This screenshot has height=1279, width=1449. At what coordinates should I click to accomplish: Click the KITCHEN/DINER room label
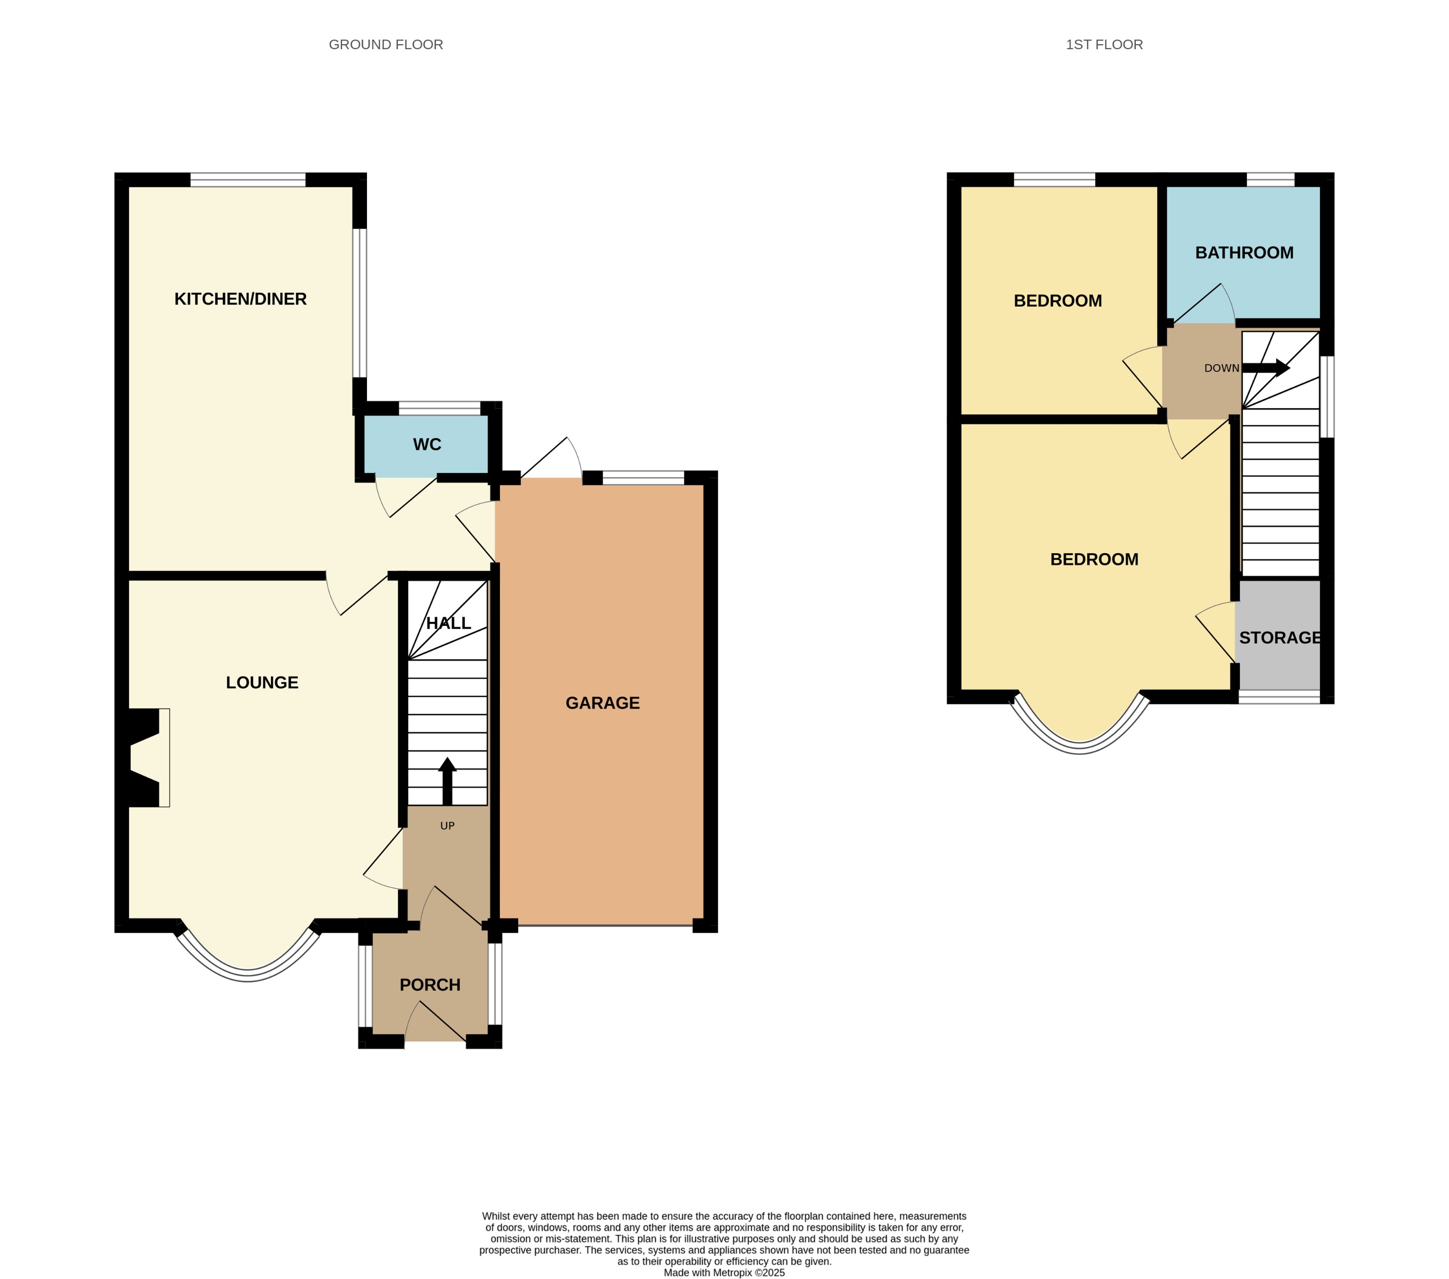241,299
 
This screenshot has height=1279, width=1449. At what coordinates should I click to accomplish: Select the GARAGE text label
602,703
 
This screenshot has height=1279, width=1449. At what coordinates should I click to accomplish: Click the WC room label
427,445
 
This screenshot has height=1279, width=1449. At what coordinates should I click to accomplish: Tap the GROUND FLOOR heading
386,45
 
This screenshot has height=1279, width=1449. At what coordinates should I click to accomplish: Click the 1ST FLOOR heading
1104,45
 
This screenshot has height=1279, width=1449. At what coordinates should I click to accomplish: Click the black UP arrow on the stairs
447,781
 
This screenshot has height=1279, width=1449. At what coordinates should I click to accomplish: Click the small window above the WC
440,409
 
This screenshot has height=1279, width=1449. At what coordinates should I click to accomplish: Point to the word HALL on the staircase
448,623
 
